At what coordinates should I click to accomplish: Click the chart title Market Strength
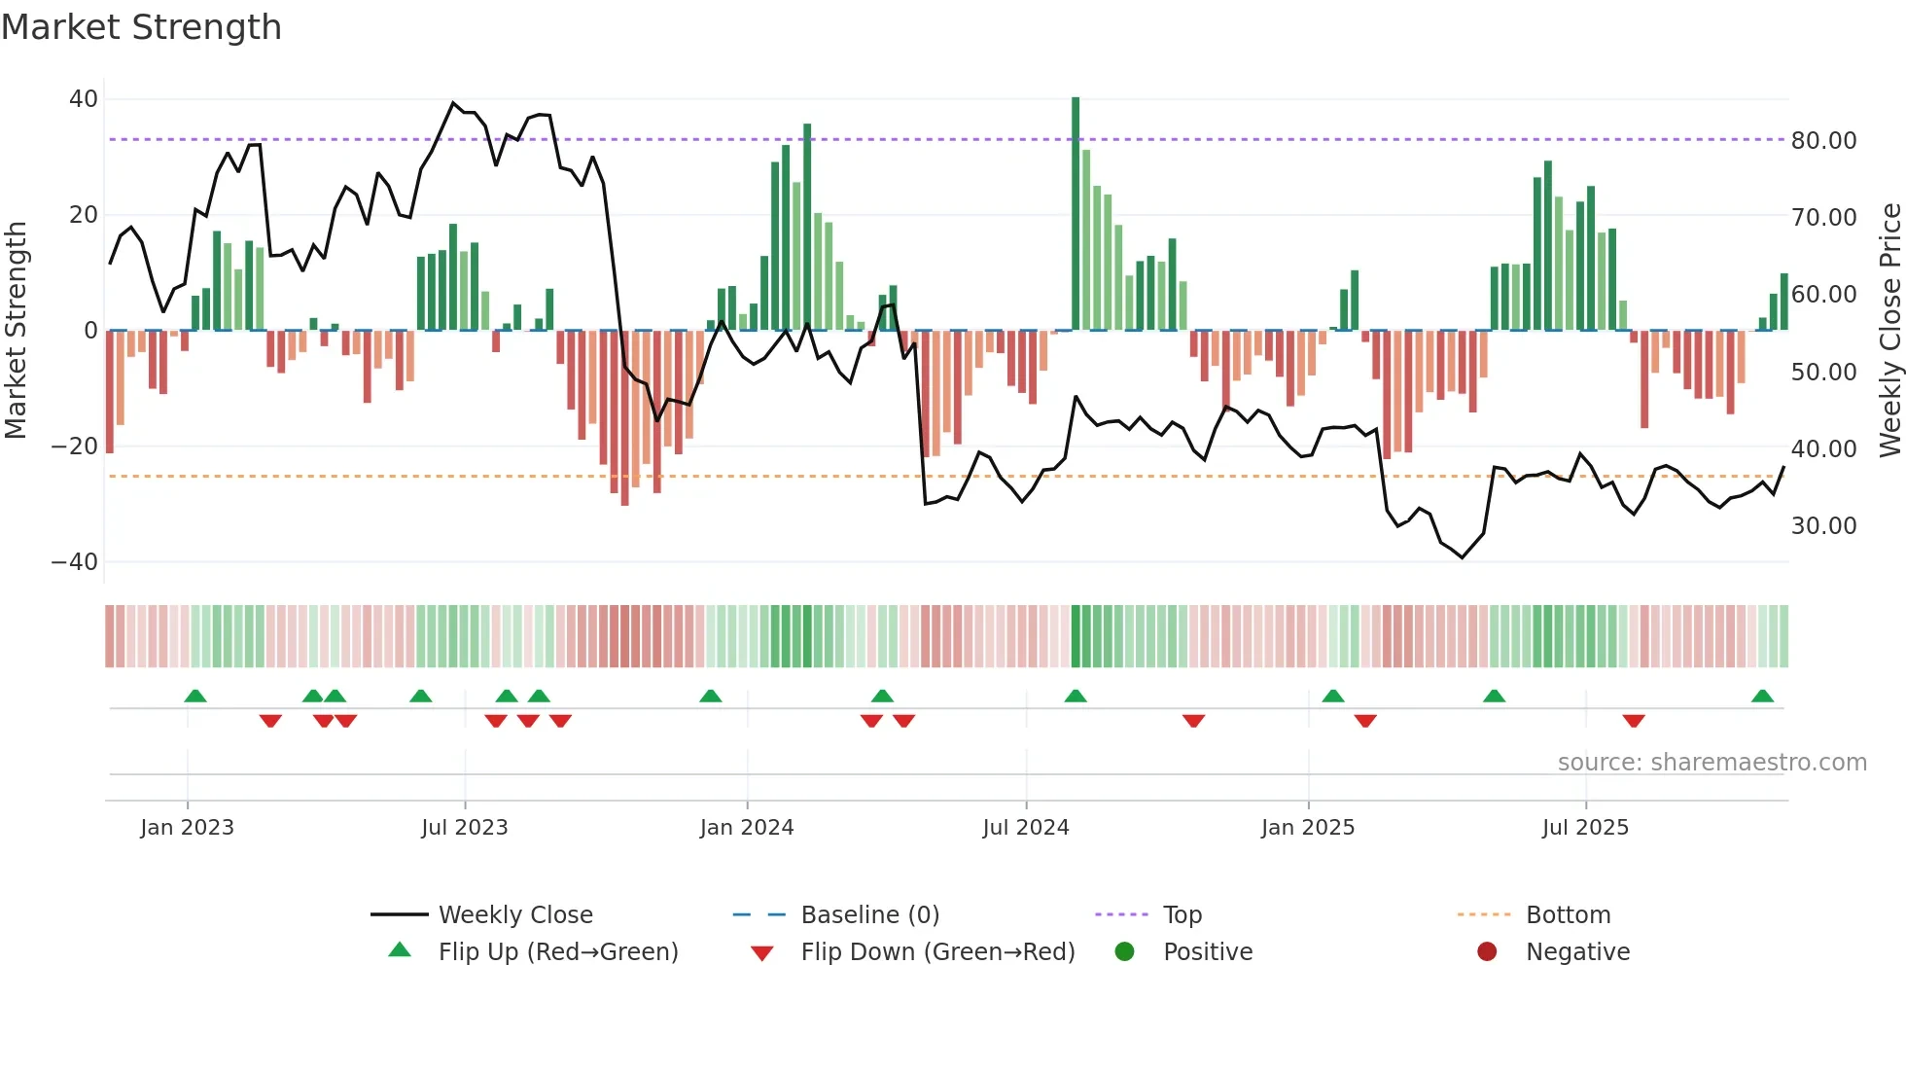(x=141, y=27)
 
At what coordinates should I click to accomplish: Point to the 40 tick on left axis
(x=84, y=99)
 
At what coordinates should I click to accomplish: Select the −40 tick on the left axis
(x=75, y=562)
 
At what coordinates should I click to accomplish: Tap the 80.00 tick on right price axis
(x=1823, y=141)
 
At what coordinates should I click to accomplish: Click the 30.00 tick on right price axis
(x=1823, y=526)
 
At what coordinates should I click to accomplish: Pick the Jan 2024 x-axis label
(x=746, y=828)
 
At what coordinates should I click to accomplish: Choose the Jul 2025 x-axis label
(x=1584, y=828)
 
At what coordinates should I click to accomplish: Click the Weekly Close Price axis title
(x=1889, y=331)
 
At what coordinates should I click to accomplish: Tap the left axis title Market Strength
(x=16, y=331)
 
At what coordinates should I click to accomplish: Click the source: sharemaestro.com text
(x=1712, y=763)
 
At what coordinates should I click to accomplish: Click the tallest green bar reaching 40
(x=1076, y=214)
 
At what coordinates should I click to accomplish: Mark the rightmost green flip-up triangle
(x=1762, y=697)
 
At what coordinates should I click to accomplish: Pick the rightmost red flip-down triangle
(x=1634, y=721)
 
